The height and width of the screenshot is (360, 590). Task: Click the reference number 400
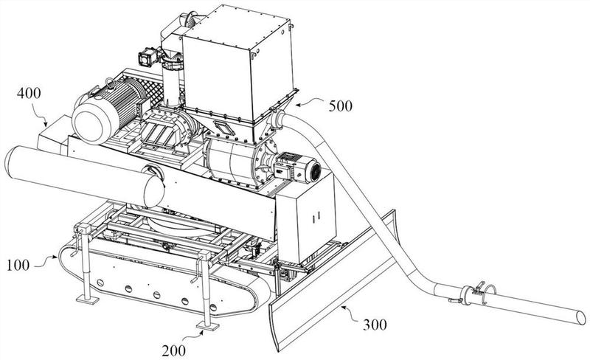(30, 94)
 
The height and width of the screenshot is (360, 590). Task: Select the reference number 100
(20, 262)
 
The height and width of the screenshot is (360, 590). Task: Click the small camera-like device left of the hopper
(145, 56)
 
